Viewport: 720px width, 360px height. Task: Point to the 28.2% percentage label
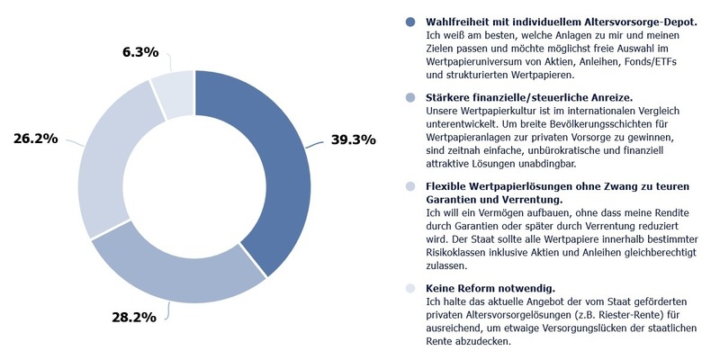point(132,317)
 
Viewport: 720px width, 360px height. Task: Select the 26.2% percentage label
point(36,139)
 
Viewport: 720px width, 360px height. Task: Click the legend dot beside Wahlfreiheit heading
point(411,21)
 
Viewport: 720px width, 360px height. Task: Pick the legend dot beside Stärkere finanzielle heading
point(411,96)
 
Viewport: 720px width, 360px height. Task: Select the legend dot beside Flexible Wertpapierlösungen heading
point(411,186)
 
